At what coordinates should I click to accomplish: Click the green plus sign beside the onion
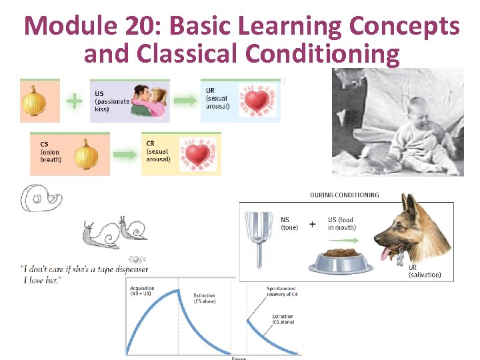coord(74,101)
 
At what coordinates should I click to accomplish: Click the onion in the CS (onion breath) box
coord(85,155)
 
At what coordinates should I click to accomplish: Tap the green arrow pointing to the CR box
coord(124,155)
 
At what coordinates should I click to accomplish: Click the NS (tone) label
coord(289,223)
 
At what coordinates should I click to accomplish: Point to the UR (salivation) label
coord(424,271)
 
